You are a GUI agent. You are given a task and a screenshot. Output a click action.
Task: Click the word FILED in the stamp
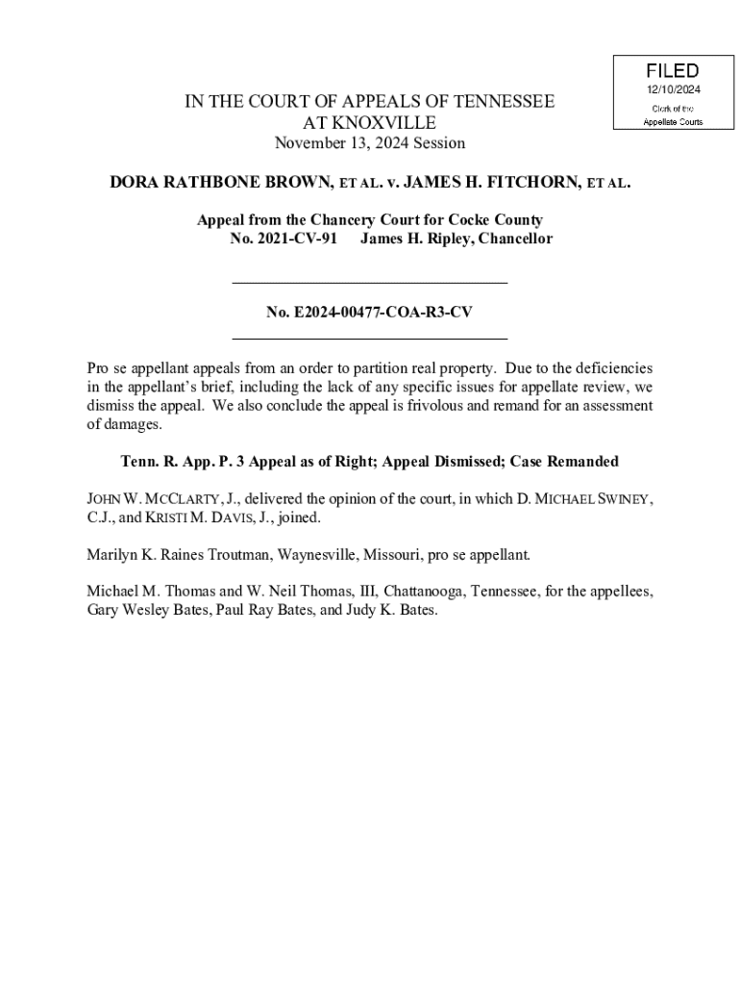click(x=673, y=71)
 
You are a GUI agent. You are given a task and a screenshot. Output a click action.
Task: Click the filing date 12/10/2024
click(x=673, y=89)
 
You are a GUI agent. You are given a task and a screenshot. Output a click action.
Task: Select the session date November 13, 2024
click(x=370, y=143)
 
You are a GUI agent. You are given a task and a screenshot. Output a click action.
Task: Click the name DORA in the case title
click(x=136, y=181)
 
